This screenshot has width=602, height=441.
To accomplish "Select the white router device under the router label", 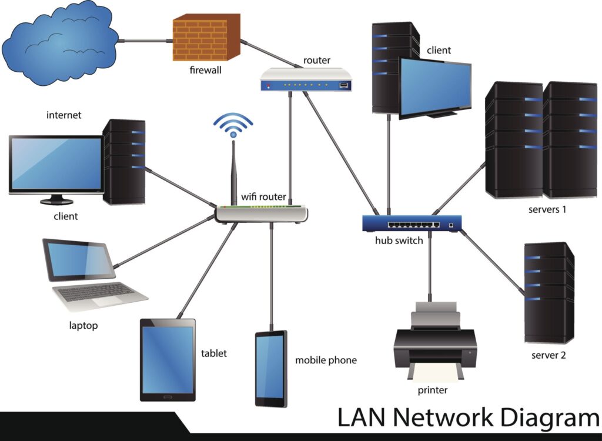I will coord(306,79).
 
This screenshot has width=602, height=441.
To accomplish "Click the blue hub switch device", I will coord(412,224).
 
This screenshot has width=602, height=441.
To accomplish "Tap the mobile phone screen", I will coord(270,369).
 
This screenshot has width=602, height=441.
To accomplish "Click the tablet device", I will coord(168,360).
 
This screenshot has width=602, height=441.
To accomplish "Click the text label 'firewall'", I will coord(205,71).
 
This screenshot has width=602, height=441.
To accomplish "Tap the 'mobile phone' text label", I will coord(326,360).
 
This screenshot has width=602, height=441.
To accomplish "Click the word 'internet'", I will coord(63,115).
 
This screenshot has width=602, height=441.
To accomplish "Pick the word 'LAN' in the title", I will coord(362,417).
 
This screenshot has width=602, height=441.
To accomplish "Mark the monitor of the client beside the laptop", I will coord(56,165).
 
